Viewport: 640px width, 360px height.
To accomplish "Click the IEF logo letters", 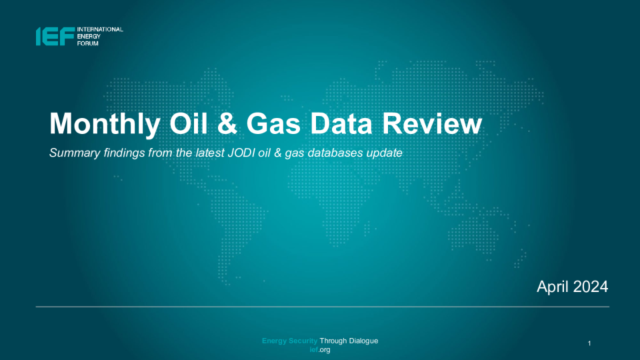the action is pyautogui.click(x=55, y=36).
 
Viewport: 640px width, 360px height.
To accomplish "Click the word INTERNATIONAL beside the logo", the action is pyautogui.click(x=100, y=29).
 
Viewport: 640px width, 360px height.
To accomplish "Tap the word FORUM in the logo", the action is pyautogui.click(x=88, y=43).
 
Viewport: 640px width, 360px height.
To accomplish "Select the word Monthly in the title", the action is pyautogui.click(x=105, y=124).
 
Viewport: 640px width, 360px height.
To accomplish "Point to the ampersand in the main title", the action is pyautogui.click(x=227, y=123).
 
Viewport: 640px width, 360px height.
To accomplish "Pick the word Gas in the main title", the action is pyautogui.click(x=273, y=123).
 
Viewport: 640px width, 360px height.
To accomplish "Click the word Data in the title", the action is pyautogui.click(x=341, y=123).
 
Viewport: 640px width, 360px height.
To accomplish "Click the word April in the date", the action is pyautogui.click(x=553, y=287).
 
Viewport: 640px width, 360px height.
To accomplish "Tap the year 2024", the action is pyautogui.click(x=591, y=287).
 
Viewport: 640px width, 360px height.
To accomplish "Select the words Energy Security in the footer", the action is pyautogui.click(x=290, y=341).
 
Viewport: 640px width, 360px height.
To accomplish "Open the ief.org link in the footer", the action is pyautogui.click(x=320, y=350).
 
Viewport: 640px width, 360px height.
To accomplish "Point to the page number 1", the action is pyautogui.click(x=589, y=343).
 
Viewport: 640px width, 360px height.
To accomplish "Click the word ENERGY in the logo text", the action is pyautogui.click(x=89, y=36).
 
